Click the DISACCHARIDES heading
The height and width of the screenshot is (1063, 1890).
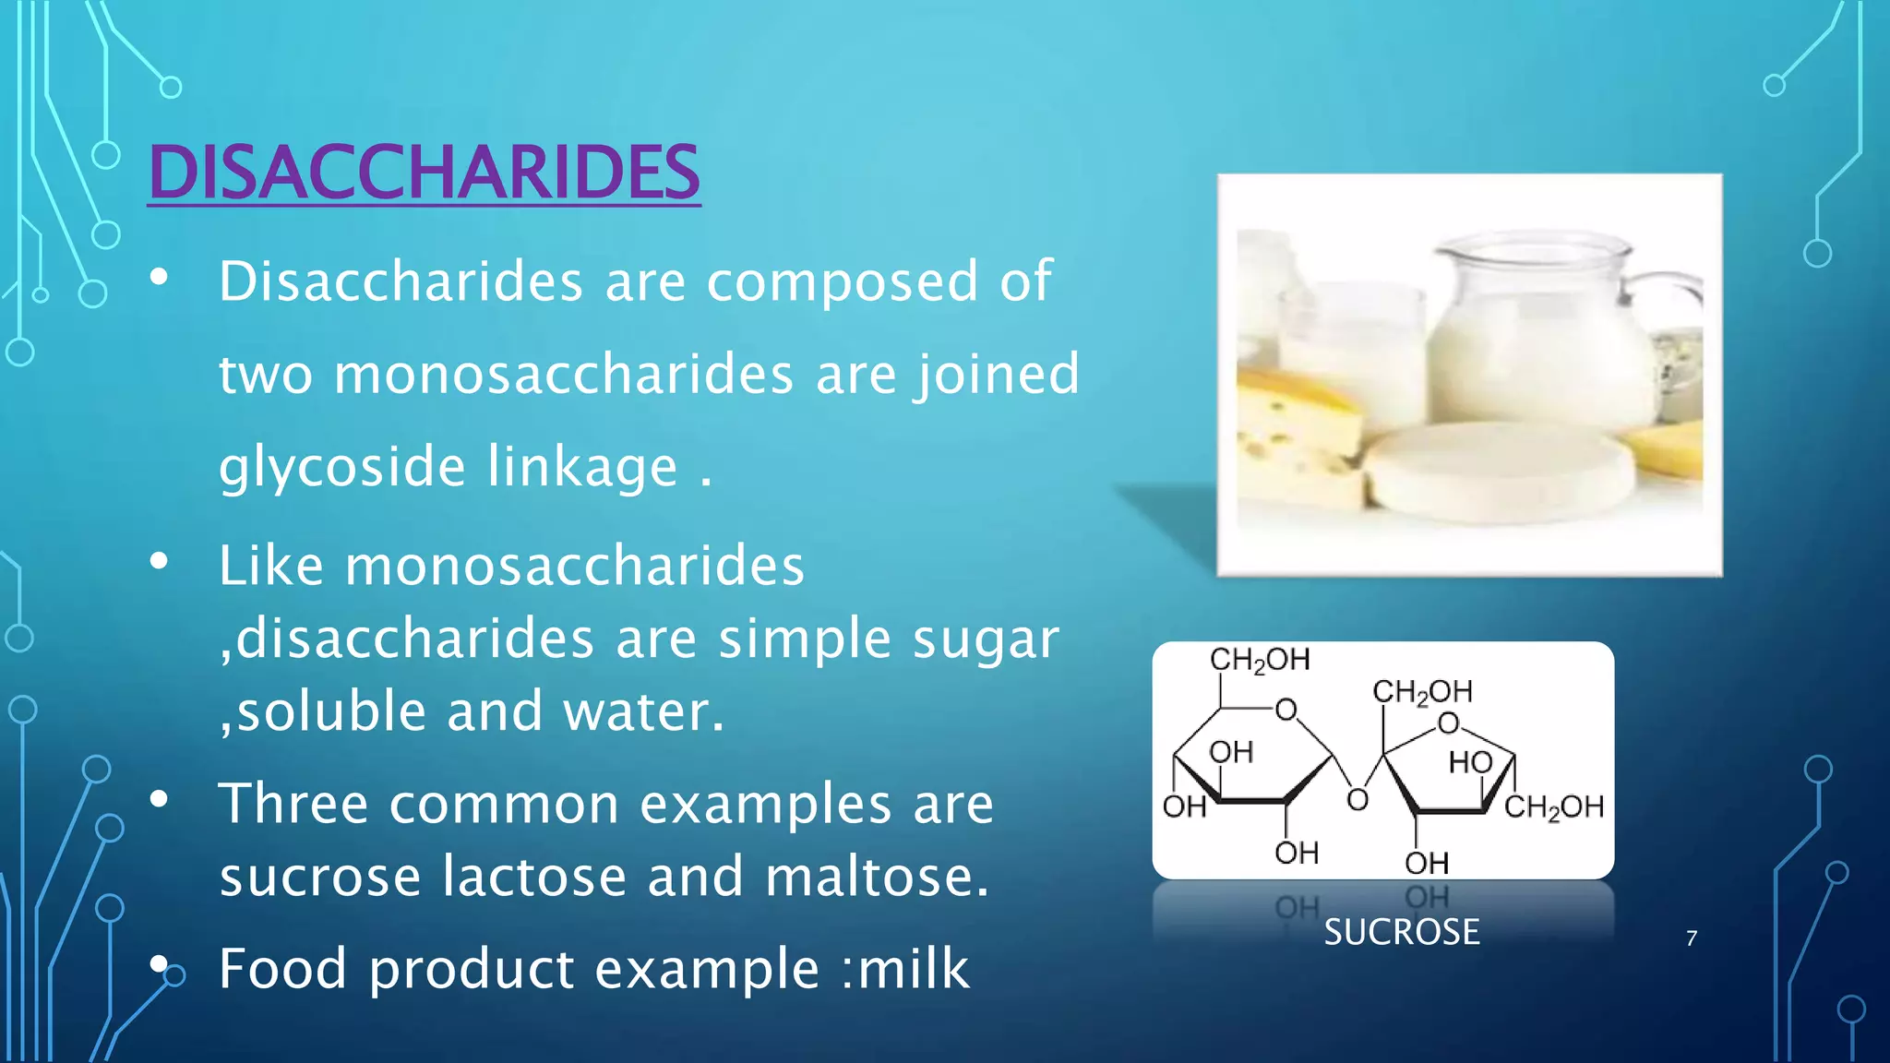[x=424, y=173]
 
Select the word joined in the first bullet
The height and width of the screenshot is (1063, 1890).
[x=997, y=374]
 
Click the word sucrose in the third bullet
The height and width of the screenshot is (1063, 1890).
[x=319, y=876]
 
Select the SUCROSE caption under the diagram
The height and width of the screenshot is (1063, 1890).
[x=1401, y=932]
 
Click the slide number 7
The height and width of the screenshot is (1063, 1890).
[x=1692, y=938]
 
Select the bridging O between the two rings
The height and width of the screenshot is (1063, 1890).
[x=1357, y=800]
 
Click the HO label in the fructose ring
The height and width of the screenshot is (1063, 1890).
[x=1470, y=762]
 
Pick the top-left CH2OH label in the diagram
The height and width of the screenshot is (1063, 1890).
[x=1260, y=660]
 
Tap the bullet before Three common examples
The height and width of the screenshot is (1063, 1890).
[x=160, y=800]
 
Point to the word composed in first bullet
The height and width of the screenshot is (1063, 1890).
[x=842, y=281]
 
